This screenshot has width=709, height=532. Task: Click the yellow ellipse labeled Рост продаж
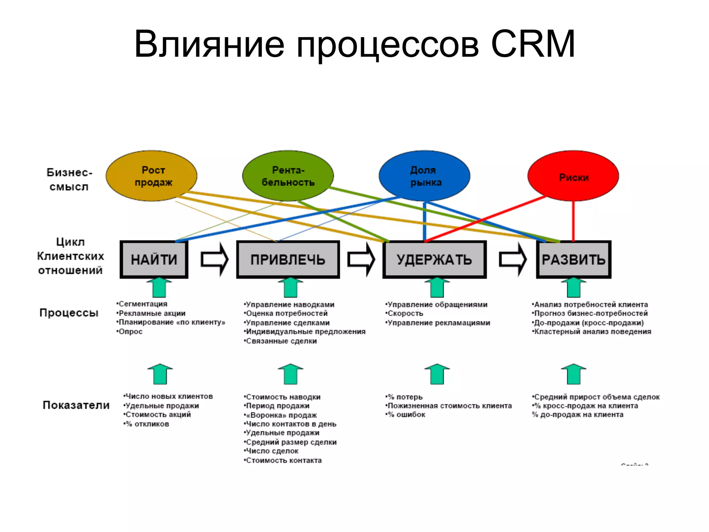[x=151, y=176]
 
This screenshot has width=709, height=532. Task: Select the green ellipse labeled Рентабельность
[x=288, y=176]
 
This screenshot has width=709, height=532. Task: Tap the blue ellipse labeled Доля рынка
[x=424, y=176]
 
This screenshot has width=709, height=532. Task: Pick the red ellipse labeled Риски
[x=573, y=176]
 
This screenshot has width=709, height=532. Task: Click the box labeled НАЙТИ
[x=154, y=259]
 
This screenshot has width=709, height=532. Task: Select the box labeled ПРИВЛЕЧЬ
[x=288, y=259]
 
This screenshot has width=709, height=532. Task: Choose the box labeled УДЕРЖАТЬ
[x=434, y=259]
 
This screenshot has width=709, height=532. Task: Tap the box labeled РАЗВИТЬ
[x=573, y=259]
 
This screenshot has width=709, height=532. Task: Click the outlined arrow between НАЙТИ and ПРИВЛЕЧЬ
[x=215, y=259]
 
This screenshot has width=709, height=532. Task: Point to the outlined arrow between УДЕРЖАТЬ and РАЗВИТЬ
[x=513, y=259]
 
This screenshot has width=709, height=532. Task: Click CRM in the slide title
[x=533, y=44]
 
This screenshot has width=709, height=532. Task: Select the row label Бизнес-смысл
[x=69, y=179]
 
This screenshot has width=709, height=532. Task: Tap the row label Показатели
[x=76, y=405]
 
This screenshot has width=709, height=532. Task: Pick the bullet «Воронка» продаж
[x=281, y=415]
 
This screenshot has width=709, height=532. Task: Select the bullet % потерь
[x=405, y=397]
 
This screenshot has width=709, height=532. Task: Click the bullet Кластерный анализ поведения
[x=592, y=331]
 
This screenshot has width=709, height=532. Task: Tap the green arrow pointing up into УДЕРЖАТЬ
[x=437, y=288]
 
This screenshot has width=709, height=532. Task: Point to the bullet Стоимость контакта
[x=284, y=460]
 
